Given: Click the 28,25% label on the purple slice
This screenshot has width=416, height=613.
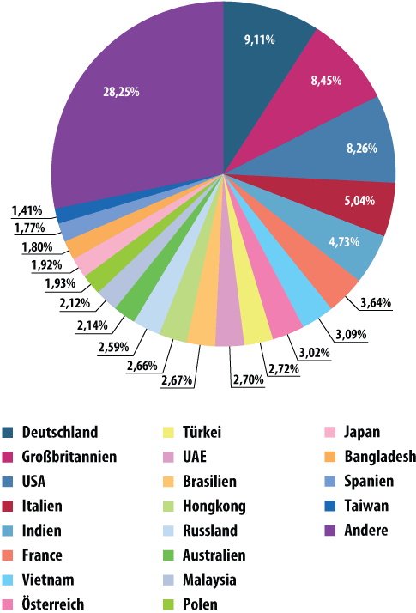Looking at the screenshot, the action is coord(121,92).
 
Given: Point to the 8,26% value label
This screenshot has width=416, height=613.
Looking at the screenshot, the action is coord(362,149).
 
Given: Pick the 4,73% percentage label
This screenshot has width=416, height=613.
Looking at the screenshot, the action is coord(344,242).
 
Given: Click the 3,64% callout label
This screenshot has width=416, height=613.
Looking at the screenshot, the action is coord(376,302).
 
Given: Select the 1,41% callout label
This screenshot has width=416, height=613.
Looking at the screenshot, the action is coord(27,210).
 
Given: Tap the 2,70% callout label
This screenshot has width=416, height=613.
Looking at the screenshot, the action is coord(249,379).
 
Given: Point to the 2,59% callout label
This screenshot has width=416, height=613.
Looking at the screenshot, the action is coord(113,347).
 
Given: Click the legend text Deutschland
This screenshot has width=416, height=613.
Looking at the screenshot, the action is coord(60,432).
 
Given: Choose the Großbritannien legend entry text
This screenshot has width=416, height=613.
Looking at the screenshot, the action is coord(69,457).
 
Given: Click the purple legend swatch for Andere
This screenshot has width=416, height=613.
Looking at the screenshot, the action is coord(330,531).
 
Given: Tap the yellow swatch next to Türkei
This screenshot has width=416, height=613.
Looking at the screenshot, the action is coord(168,433).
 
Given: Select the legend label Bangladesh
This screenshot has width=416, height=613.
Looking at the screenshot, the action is coord(380,457).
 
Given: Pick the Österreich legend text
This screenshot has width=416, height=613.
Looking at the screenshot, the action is coord(52,604).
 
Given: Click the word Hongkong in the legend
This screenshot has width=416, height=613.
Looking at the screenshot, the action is coord(214,507).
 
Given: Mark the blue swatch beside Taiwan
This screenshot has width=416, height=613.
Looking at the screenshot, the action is coord(330,506).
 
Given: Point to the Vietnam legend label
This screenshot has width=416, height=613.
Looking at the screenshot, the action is coord(48,580).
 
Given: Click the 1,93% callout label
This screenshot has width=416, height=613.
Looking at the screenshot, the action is coord(60,283).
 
